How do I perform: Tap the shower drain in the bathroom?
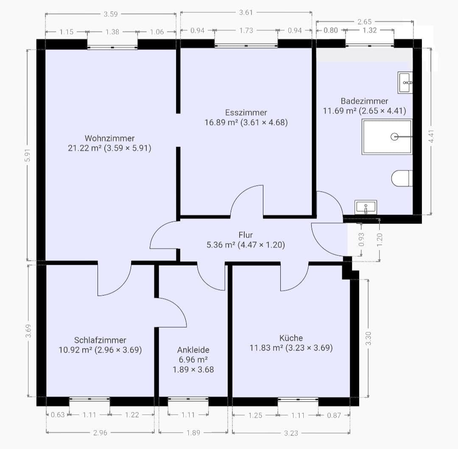[394, 137]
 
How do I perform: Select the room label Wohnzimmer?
[109, 138]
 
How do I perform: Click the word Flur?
[246, 235]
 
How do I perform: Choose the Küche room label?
[291, 338]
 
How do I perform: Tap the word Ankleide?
[193, 350]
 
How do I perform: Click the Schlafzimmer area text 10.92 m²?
[76, 350]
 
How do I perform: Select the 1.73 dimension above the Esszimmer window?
[246, 31]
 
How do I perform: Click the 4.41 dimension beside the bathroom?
[431, 136]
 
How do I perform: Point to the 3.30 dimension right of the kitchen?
[369, 338]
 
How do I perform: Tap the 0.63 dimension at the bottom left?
[57, 415]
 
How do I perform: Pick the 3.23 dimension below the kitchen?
[291, 433]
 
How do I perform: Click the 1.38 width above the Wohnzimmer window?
[112, 32]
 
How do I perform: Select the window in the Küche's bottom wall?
[298, 399]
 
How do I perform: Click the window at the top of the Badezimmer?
[369, 45]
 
